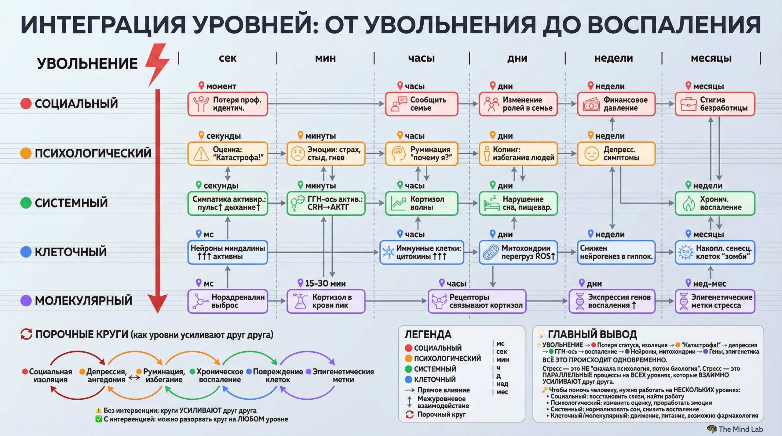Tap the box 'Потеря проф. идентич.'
(x=228, y=104)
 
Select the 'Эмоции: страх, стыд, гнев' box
(x=326, y=154)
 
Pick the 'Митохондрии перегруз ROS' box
(x=518, y=252)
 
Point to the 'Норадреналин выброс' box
(x=228, y=301)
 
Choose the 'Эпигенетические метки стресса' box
(x=715, y=301)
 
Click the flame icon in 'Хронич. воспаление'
(x=689, y=204)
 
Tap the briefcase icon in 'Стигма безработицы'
(x=689, y=104)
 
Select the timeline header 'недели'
(x=613, y=58)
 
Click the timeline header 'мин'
(x=325, y=58)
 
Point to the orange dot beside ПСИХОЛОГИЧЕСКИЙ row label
(x=26, y=153)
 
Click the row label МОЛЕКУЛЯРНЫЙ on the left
(x=83, y=301)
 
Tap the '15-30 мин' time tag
(x=325, y=284)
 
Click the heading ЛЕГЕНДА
(x=428, y=335)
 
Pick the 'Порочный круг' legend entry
(x=441, y=414)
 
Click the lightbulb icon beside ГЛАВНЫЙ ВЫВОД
(x=541, y=333)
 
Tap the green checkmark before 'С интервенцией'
(x=99, y=419)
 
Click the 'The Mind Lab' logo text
(x=740, y=429)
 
